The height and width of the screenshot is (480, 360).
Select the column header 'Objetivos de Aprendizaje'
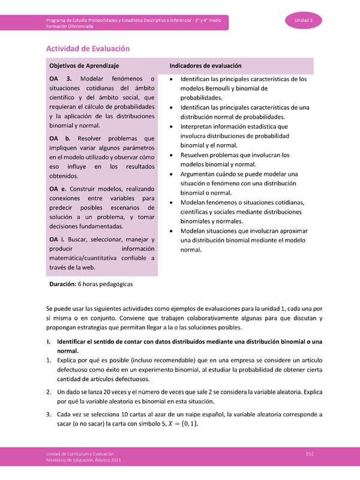tap(84, 65)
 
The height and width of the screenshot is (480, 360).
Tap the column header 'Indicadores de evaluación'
tap(205, 65)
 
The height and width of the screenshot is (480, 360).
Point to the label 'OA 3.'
tap(61, 79)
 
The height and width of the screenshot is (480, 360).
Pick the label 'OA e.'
tap(59, 189)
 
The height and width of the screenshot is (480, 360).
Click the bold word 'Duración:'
tap(63, 283)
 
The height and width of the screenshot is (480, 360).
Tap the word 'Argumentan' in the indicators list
tap(202, 174)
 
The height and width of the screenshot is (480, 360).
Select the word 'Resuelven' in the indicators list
tap(198, 155)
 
